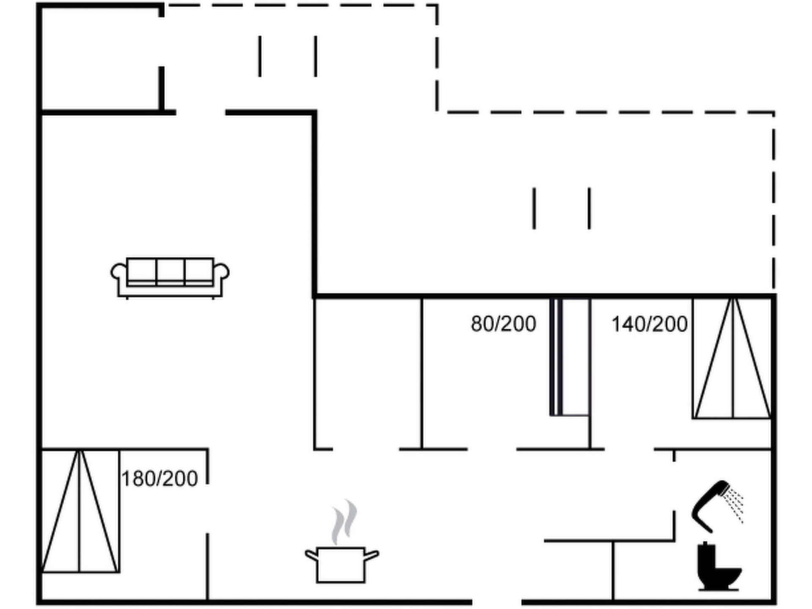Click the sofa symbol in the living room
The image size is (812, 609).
pyautogui.click(x=170, y=277)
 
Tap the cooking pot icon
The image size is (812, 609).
pyautogui.click(x=342, y=565)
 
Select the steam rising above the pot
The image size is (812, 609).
pyautogui.click(x=344, y=522)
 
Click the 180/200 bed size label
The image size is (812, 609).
pyautogui.click(x=159, y=479)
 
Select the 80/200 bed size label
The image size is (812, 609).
pyautogui.click(x=503, y=324)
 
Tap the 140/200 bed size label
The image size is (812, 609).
pyautogui.click(x=649, y=324)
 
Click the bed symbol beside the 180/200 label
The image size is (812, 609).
pyautogui.click(x=80, y=511)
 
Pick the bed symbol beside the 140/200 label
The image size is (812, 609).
pyautogui.click(x=732, y=358)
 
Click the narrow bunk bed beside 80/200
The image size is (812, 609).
pyautogui.click(x=570, y=357)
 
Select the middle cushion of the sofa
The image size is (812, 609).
pyautogui.click(x=170, y=271)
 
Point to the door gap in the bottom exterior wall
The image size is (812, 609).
pyautogui.click(x=497, y=602)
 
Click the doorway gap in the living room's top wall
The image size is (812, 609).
pyautogui.click(x=200, y=112)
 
